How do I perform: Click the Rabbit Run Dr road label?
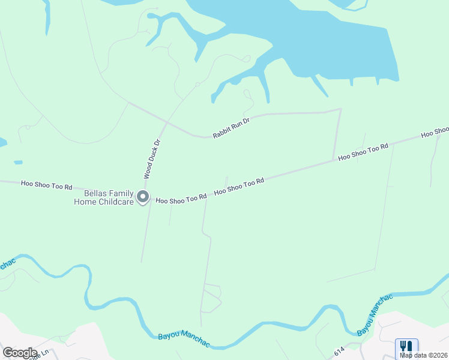[231, 128]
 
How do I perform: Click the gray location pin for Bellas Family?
[142, 197]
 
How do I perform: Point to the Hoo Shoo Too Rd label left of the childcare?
[46, 185]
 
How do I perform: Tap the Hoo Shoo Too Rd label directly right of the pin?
[181, 197]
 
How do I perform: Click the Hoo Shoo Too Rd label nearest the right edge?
[363, 151]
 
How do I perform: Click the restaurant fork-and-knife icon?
[406, 346]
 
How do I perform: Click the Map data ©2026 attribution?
[424, 355]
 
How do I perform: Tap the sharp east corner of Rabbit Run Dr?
[340, 109]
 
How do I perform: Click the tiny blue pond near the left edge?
[18, 162]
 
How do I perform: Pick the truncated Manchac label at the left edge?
[6, 265]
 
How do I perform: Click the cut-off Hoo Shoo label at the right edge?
[435, 131]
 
